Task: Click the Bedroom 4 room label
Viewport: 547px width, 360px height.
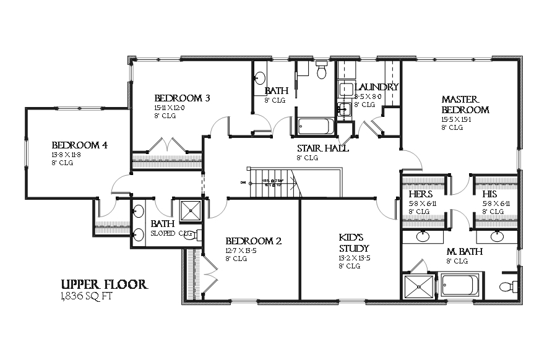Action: point(79,145)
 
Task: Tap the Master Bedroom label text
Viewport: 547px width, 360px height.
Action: point(465,105)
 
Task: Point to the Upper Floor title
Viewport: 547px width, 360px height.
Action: point(103,285)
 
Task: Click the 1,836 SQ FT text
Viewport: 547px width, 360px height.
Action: point(87,296)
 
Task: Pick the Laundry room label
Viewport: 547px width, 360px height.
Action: point(376,87)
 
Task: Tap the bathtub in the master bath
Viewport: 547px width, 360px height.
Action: point(458,286)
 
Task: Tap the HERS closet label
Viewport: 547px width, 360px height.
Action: point(420,194)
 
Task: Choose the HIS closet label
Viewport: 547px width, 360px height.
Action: point(489,194)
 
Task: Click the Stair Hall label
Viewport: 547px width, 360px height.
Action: point(322,148)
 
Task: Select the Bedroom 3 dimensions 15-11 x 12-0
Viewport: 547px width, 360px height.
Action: point(170,108)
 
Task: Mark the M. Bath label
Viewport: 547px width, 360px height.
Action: point(465,252)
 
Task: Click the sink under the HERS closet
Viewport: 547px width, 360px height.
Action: point(423,236)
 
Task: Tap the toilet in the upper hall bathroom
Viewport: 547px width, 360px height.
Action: point(321,72)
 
